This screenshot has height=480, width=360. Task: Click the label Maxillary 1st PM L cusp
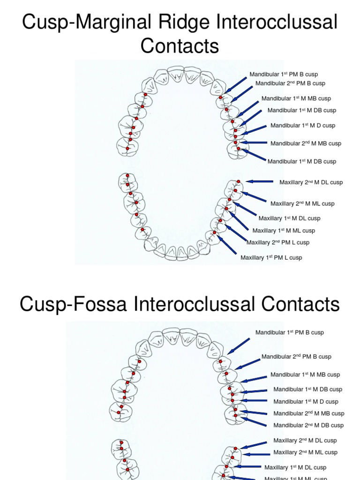pyautogui.click(x=271, y=257)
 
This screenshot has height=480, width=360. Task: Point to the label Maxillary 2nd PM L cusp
pyautogui.click(x=278, y=242)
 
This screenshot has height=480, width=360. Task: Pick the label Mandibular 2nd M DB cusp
pyautogui.click(x=308, y=425)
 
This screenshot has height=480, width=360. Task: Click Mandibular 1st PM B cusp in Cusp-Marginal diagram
pyautogui.click(x=287, y=74)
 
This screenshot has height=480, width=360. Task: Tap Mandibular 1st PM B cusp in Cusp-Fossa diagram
pyautogui.click(x=289, y=332)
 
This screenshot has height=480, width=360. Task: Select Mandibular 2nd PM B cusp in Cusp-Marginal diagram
pyautogui.click(x=290, y=83)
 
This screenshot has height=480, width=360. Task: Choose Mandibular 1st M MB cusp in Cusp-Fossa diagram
pyautogui.click(x=305, y=375)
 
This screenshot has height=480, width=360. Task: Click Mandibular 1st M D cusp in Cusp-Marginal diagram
pyautogui.click(x=303, y=126)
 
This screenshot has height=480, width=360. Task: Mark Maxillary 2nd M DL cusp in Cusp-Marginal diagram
pyautogui.click(x=311, y=182)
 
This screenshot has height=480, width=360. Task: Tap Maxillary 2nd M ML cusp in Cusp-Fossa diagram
pyautogui.click(x=305, y=452)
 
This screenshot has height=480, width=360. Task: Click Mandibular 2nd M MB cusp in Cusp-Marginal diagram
pyautogui.click(x=306, y=143)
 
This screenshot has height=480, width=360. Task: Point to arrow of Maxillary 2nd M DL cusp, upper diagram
pyautogui.click(x=259, y=181)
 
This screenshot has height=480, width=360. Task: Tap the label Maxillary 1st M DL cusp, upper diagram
pyautogui.click(x=289, y=218)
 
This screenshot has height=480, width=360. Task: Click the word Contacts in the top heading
pyautogui.click(x=180, y=46)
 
